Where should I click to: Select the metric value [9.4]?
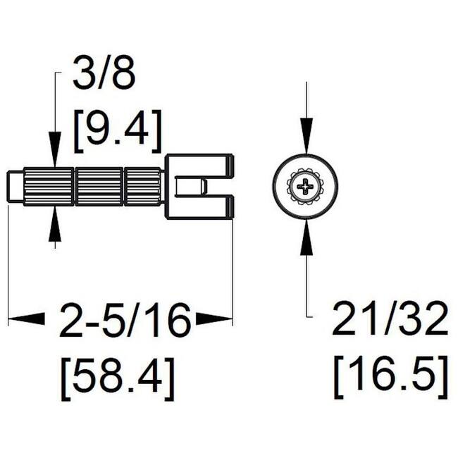pos(118,129)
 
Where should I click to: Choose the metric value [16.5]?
pos(389,376)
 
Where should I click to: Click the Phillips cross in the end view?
pos(304,187)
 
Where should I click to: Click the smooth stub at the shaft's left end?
pos(16,187)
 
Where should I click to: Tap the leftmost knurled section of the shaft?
pos(49,187)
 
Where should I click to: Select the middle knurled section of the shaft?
pos(99,187)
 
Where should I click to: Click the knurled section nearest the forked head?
pos(144,187)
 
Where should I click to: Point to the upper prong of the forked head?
pos(204,165)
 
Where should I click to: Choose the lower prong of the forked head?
pos(204,209)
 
